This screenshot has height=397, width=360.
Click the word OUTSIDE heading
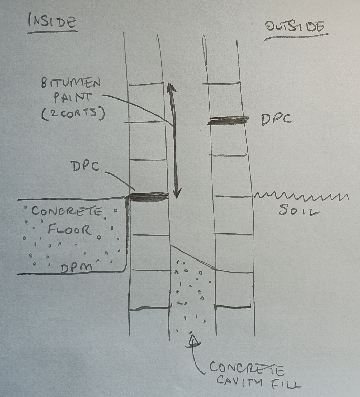[295, 27]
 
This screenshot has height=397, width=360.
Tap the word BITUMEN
[71, 83]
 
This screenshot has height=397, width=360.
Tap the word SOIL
[299, 210]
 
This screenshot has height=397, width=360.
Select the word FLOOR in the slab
[70, 230]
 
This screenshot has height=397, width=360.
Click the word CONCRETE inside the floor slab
[67, 211]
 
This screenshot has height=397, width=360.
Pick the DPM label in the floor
[76, 268]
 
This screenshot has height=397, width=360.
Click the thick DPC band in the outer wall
[228, 121]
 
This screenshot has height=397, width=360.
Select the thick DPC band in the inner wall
[147, 197]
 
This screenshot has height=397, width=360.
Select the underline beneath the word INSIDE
[53, 32]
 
